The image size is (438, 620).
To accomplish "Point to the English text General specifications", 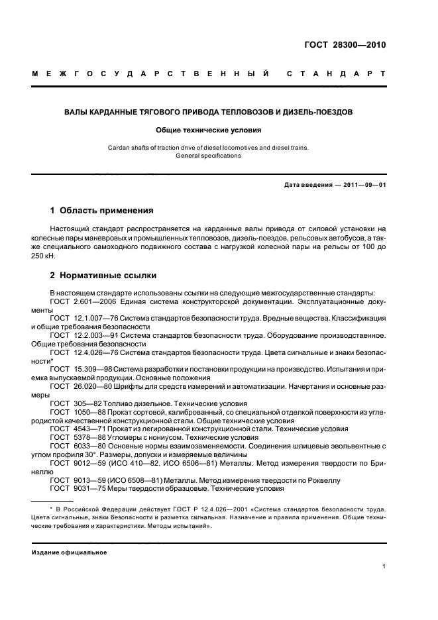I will tap(209, 156).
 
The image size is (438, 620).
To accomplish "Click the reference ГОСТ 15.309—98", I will tap(83, 368).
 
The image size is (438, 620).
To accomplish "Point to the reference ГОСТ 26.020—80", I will tap(83, 386).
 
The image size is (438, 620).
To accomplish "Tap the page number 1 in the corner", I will tap(384, 566).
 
